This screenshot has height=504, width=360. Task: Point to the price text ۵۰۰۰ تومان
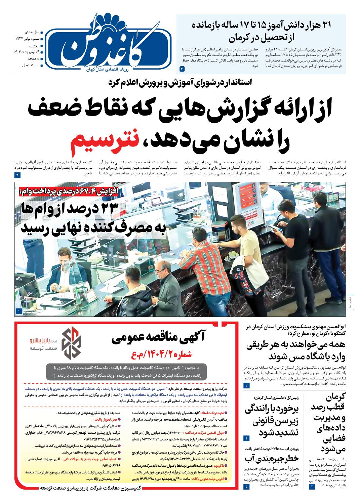(x=30, y=65)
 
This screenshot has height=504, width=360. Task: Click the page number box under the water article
(x=247, y=486)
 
